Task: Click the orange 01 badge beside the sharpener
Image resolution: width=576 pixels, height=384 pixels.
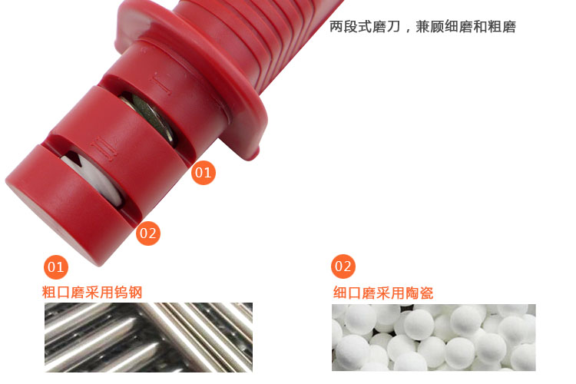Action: point(204,172)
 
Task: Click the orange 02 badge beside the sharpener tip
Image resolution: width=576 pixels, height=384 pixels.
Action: point(148,233)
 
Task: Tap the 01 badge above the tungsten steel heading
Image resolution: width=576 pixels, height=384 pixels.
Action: point(56,267)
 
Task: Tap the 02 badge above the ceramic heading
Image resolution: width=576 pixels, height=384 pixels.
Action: point(343,266)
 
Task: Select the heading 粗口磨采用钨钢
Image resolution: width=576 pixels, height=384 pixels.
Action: point(92,293)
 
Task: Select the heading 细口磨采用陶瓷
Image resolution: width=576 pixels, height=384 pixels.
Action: point(383,293)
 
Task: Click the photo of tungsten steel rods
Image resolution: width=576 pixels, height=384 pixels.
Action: point(148,337)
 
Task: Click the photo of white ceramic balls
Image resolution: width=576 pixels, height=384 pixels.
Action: point(434,337)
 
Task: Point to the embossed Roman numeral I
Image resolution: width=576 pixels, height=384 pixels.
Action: point(161,84)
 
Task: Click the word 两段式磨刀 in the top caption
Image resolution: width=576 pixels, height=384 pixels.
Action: point(364,26)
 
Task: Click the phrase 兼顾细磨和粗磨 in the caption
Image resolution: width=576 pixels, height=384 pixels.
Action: point(466,26)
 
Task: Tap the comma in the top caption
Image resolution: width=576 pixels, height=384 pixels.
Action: point(408,29)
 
